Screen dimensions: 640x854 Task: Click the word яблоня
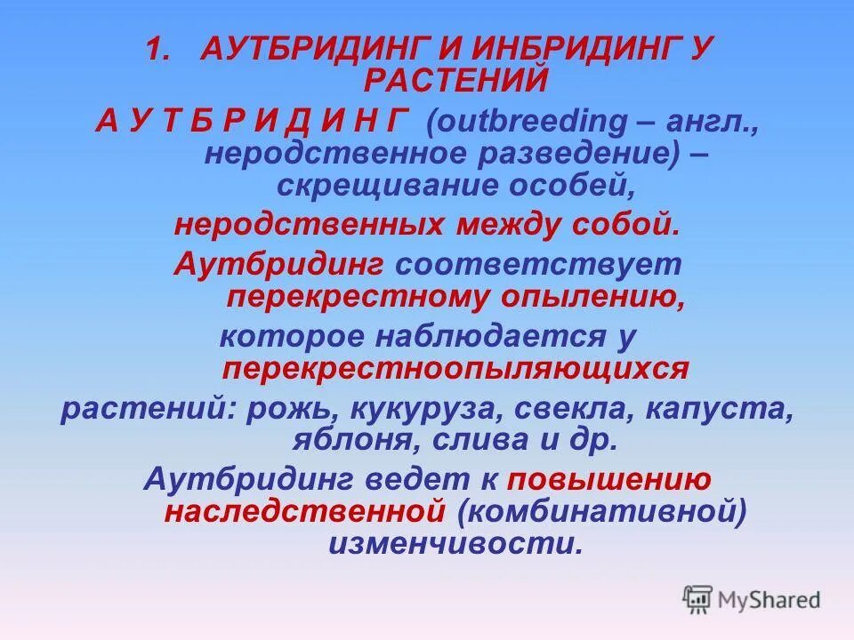coord(342,440)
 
